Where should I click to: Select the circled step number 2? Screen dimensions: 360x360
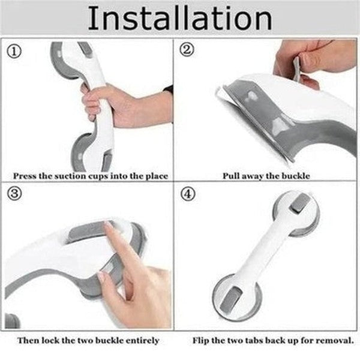coord(187,51)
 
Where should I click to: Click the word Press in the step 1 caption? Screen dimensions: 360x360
coord(26,176)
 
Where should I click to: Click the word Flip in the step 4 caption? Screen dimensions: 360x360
coord(202,340)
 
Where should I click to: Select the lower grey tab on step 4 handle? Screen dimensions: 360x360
coord(235,295)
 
